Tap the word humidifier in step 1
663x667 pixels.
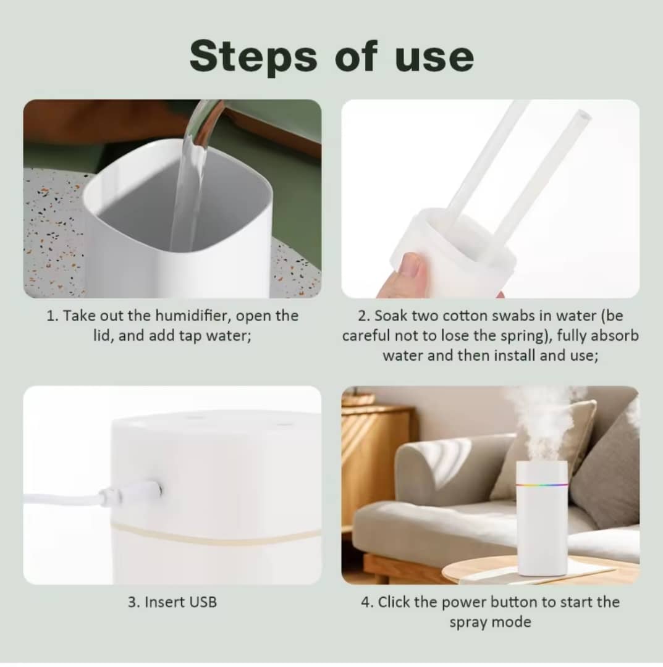pos(193,316)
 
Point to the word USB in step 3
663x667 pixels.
pos(203,602)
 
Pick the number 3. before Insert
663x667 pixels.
pos(134,602)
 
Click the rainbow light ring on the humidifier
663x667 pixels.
pos(542,484)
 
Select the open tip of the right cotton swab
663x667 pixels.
pos(583,115)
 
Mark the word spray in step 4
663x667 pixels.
pos(467,623)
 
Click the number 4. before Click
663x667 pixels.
pos(368,602)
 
